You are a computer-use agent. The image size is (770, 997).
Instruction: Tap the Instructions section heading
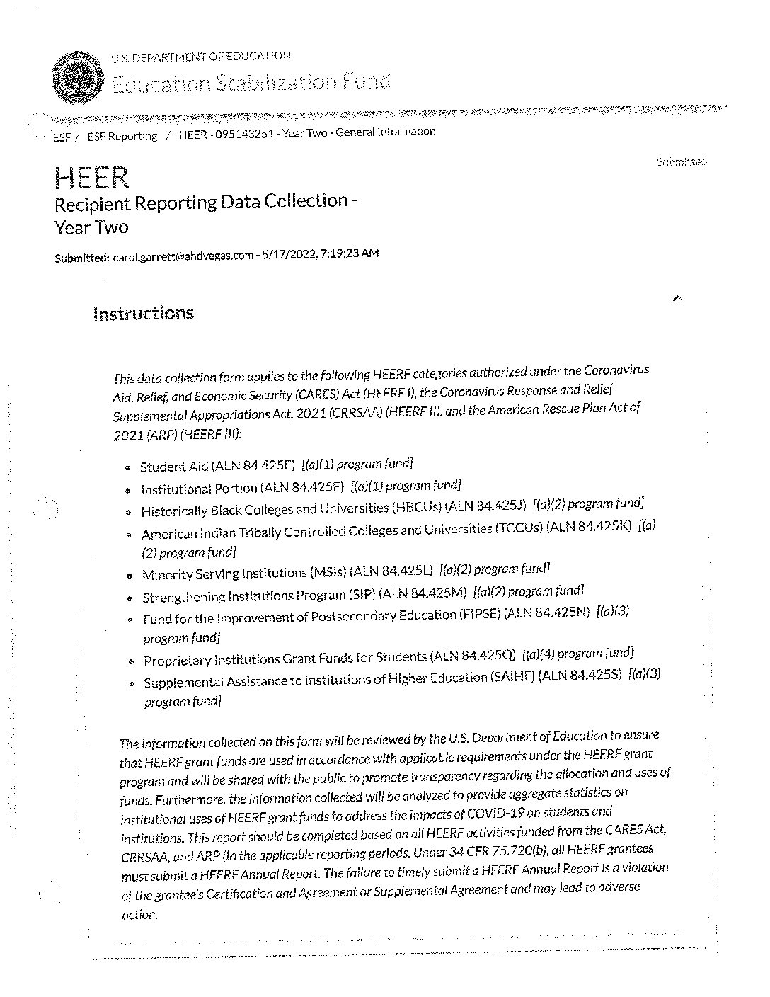143,314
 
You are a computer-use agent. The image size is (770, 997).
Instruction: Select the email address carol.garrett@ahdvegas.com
183,256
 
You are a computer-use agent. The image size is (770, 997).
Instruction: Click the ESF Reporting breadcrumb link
122,137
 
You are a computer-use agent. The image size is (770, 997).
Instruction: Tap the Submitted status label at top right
682,162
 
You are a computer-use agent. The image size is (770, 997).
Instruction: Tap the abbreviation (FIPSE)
478,615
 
